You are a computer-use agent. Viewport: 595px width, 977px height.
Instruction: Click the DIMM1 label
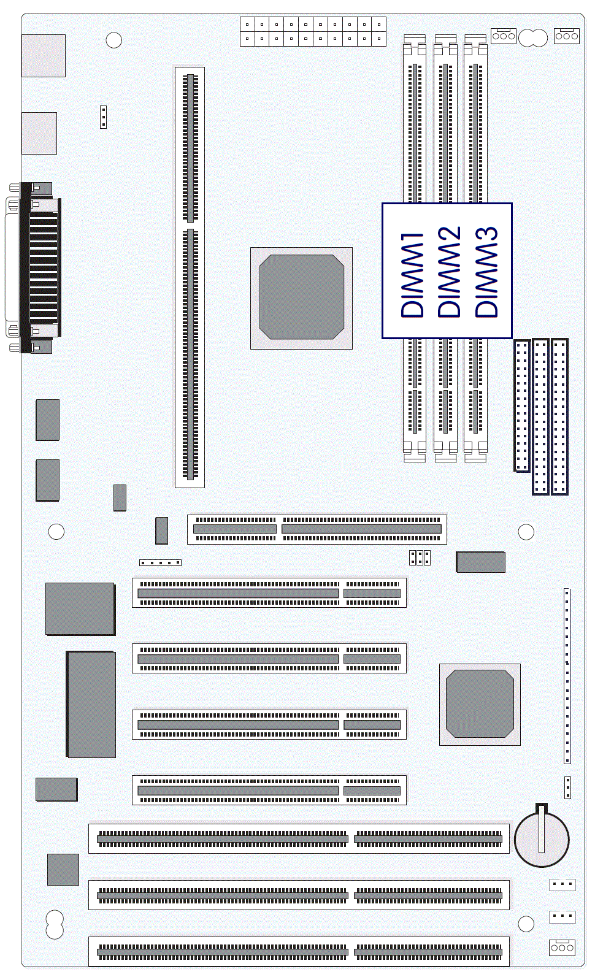click(412, 274)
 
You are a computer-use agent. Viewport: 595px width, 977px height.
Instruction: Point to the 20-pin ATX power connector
click(313, 31)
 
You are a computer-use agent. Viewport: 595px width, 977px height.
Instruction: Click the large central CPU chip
click(301, 298)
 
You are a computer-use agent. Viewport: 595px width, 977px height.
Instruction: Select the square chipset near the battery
click(480, 705)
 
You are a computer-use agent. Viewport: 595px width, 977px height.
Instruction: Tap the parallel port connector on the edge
click(33, 268)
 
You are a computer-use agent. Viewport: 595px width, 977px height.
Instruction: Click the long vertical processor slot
click(190, 277)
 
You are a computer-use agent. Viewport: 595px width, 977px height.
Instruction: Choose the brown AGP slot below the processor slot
click(317, 529)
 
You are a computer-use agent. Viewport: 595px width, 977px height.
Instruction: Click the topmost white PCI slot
click(269, 592)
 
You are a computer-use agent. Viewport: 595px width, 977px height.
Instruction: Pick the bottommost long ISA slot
click(299, 951)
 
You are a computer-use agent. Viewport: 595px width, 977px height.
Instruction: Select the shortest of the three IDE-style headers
click(522, 405)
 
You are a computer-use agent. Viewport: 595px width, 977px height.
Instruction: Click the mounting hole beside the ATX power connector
click(114, 40)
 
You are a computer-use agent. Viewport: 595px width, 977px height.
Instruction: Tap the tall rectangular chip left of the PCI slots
click(91, 704)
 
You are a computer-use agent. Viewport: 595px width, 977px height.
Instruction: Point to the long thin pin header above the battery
click(567, 676)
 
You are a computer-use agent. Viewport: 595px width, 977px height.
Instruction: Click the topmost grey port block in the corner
click(44, 56)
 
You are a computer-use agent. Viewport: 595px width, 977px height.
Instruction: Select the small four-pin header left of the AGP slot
click(160, 562)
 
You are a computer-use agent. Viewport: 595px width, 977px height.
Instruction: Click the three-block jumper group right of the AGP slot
click(420, 557)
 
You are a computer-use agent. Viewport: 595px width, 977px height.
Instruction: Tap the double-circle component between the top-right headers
click(533, 37)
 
